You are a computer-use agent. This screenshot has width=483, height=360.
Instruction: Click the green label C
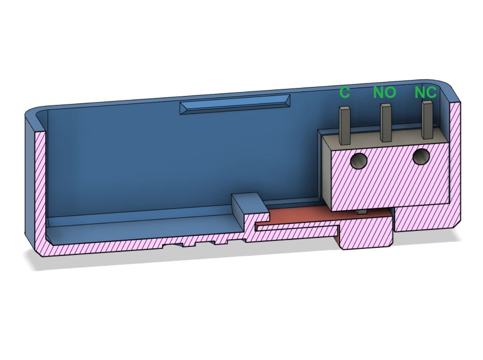point(344,93)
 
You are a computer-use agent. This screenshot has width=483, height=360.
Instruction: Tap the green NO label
point(384,93)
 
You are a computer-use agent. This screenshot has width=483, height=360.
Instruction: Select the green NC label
point(425,93)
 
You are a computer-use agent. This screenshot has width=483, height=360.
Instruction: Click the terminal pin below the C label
point(345,125)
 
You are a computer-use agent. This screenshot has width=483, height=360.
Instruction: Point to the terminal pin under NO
point(386,123)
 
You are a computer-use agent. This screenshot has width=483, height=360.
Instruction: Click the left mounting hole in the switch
point(359,161)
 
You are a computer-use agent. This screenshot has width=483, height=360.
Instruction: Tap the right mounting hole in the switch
point(421,157)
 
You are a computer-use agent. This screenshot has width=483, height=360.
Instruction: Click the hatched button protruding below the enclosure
point(366,236)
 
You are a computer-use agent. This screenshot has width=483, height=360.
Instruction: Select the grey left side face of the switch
point(325,168)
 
